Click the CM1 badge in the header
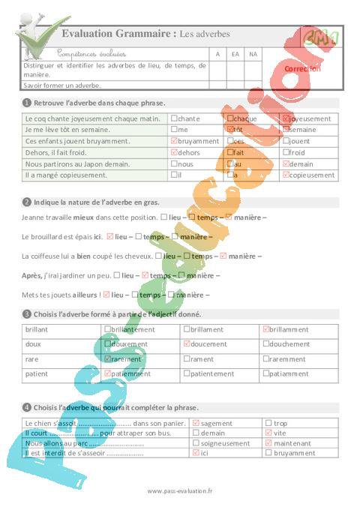click(x=320, y=36)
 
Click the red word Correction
click(x=302, y=68)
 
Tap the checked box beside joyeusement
click(x=285, y=118)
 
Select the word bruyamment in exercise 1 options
click(x=199, y=141)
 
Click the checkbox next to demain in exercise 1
click(x=285, y=163)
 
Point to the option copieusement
click(x=311, y=175)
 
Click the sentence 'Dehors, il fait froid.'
click(x=56, y=152)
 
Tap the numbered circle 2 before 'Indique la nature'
click(x=27, y=202)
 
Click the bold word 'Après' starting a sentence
click(x=32, y=276)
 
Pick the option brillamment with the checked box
click(x=290, y=329)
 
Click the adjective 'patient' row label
click(x=37, y=373)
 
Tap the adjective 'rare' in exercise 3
click(x=32, y=358)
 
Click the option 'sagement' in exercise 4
click(x=217, y=424)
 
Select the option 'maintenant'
click(x=292, y=443)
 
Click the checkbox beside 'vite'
click(x=268, y=433)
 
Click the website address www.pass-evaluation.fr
click(x=180, y=491)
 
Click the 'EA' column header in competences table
click(x=235, y=54)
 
